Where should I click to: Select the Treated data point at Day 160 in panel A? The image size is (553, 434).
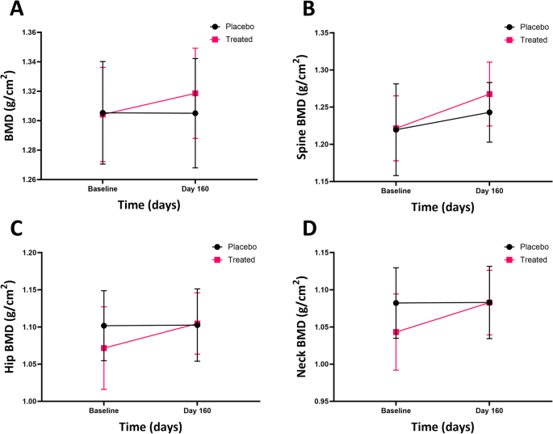click(195, 94)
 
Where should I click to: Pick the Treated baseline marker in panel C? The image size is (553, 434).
click(104, 348)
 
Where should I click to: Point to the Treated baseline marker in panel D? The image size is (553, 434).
click(396, 332)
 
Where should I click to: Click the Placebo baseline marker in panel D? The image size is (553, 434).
click(396, 303)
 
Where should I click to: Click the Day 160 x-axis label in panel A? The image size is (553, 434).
click(195, 190)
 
